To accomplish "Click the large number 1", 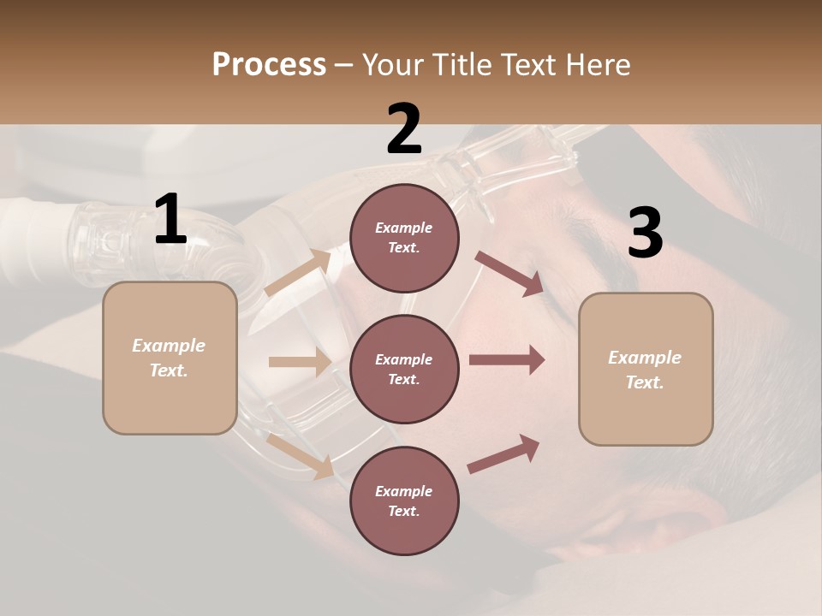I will pos(170,220).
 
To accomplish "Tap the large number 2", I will pos(404,129).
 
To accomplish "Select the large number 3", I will pos(645,234).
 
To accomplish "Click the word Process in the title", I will pos(269,64).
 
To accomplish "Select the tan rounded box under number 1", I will pos(170,358).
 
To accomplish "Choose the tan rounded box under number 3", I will pos(646,369).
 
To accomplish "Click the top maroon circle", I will pos(404,238).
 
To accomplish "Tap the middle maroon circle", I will pos(404,369).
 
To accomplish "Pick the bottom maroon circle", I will pos(404,500).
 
